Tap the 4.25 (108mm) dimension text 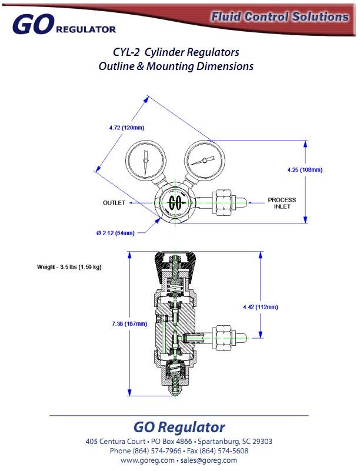tap(305, 170)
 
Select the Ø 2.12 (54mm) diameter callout tap(115, 233)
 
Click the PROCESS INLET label tap(282, 203)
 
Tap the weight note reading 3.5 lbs tap(69, 267)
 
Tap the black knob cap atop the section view tap(175, 265)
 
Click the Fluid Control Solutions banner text tap(280, 17)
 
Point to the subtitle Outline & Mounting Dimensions tap(176, 66)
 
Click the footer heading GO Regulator tap(179, 427)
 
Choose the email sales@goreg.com tap(209, 460)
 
